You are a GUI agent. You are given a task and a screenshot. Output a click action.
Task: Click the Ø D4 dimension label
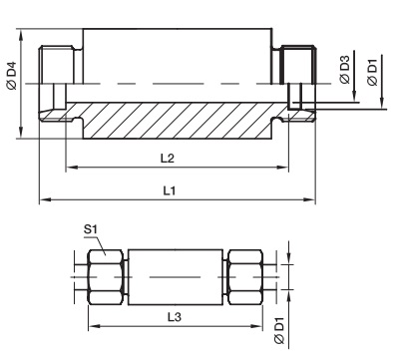[x=12, y=76]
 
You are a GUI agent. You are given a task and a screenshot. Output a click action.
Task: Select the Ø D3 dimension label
[x=345, y=70]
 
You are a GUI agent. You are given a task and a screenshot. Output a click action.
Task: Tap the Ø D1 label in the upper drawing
[x=373, y=72]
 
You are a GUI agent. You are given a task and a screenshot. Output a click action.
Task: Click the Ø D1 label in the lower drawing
[x=279, y=330]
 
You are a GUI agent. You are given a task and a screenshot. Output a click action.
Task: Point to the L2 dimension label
[x=168, y=158]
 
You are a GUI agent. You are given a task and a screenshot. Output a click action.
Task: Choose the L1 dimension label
[x=170, y=190]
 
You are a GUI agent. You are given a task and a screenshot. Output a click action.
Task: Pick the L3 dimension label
[x=175, y=317]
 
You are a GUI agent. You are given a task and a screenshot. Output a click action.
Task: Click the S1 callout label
[x=90, y=229]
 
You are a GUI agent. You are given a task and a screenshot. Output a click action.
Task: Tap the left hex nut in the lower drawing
[x=106, y=276]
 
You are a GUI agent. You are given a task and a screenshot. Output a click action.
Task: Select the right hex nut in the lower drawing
[x=245, y=276]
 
